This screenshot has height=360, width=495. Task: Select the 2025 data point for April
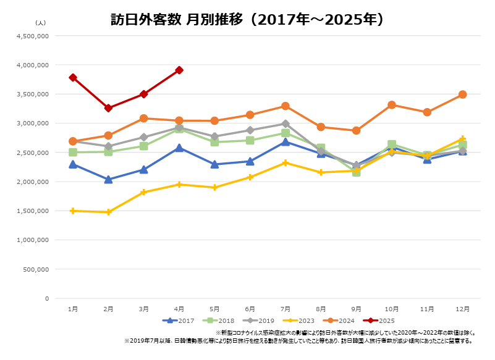179,70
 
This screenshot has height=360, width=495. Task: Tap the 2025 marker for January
73,77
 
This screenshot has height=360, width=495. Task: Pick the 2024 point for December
462,94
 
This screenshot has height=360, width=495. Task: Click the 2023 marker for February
109,212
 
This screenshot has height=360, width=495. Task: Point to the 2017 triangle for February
109,180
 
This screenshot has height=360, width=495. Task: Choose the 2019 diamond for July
286,123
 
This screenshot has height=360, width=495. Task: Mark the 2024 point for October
392,105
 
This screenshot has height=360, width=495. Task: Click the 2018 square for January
73,152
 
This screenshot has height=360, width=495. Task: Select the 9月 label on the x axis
356,309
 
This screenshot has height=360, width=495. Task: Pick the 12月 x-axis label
462,309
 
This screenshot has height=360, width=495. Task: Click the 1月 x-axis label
73,309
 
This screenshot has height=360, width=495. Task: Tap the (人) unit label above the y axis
40,23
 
